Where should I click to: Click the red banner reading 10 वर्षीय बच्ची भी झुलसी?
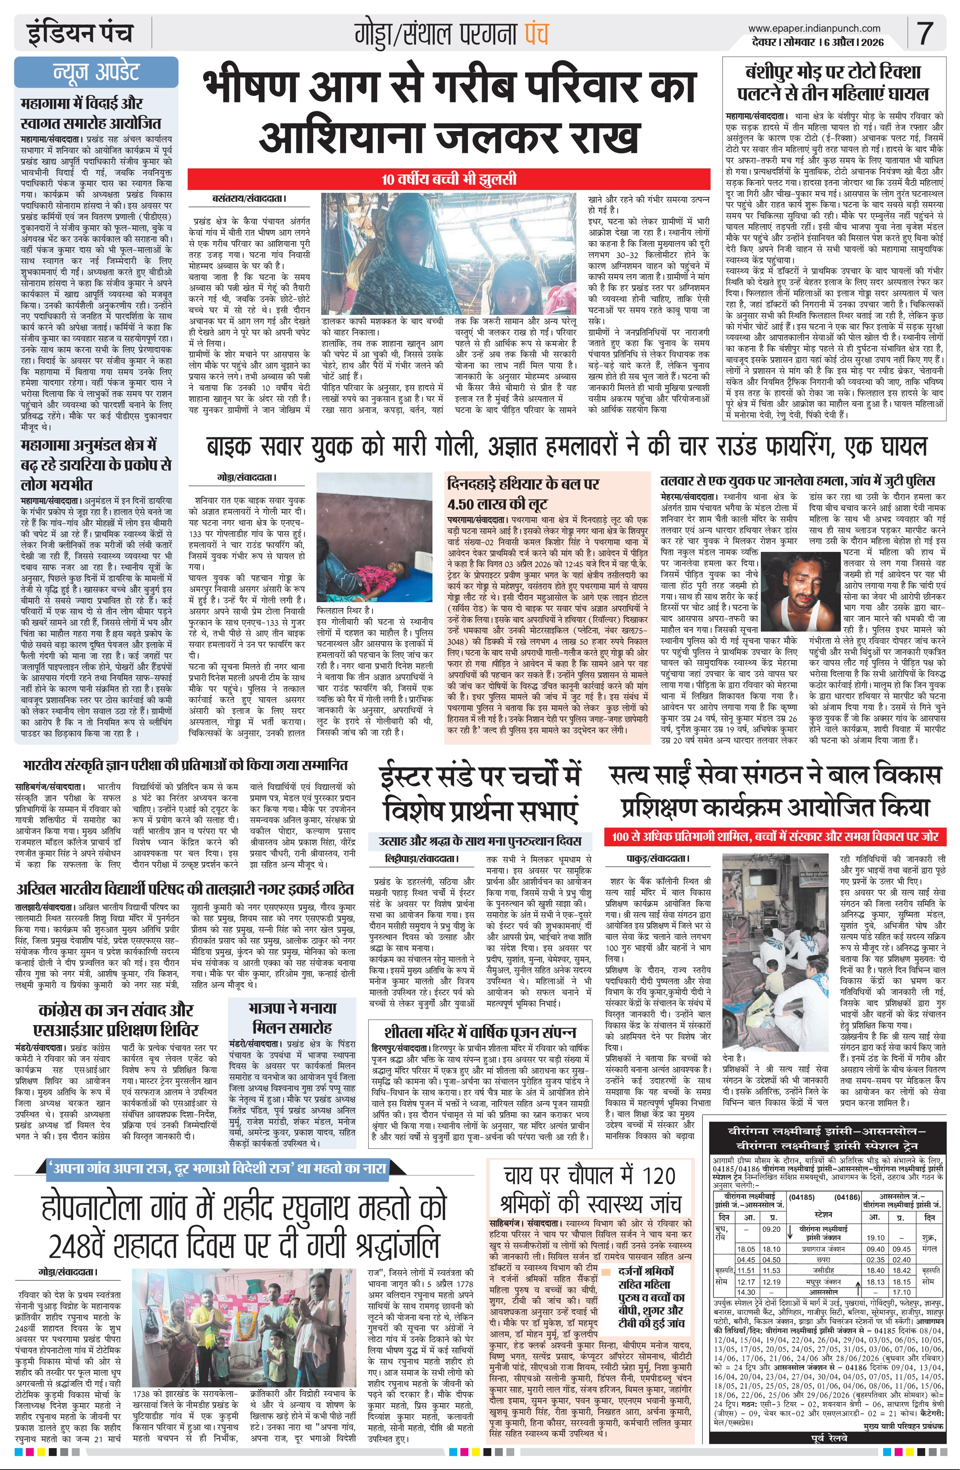pyautogui.click(x=449, y=180)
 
